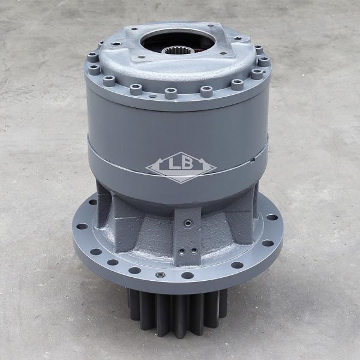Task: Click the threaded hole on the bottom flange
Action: click(160, 275)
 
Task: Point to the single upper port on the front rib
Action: click(189, 223)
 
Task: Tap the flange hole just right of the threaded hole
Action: click(187, 275)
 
